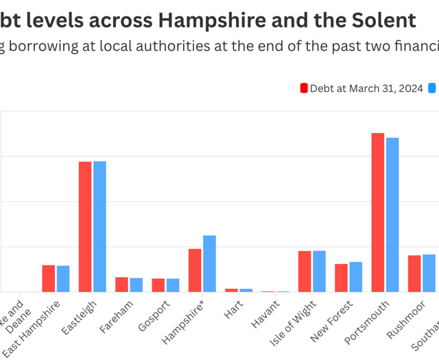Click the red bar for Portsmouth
point(378,213)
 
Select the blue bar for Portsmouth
point(392,215)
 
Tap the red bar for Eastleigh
point(85,227)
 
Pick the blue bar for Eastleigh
point(99,227)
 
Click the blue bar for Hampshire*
point(209,264)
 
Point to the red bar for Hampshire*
point(195,270)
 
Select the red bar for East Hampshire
point(48,278)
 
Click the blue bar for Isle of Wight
point(319,272)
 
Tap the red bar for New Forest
point(341,278)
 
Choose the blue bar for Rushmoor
point(429,273)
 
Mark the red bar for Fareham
point(121,285)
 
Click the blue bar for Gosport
point(173,285)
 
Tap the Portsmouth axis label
point(370,320)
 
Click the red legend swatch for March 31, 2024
point(304,88)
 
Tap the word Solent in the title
point(383,20)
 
